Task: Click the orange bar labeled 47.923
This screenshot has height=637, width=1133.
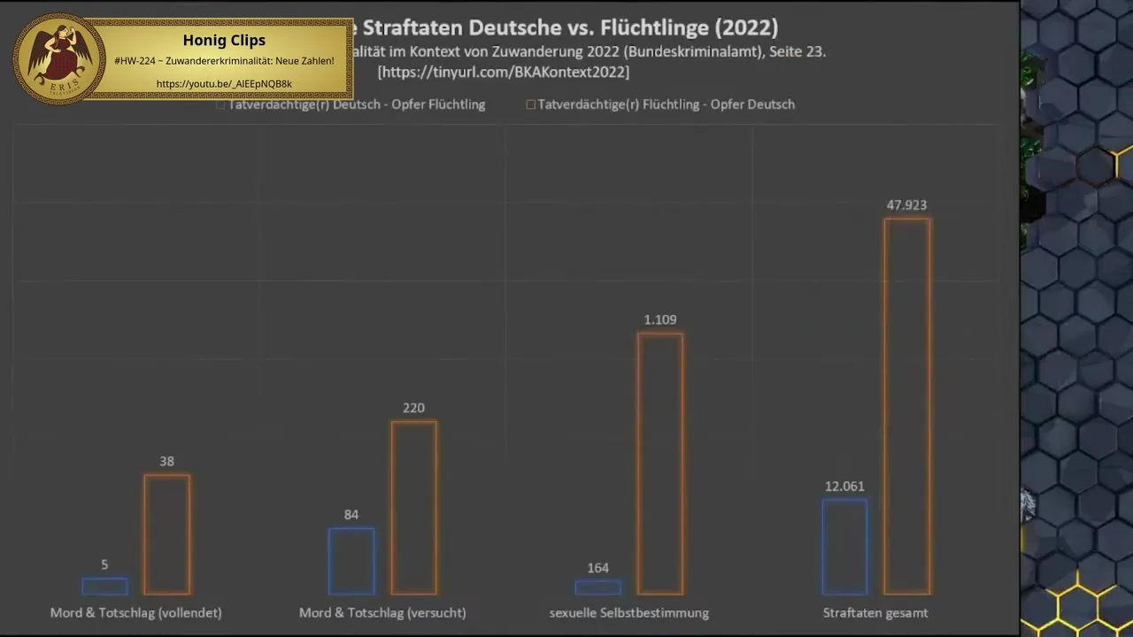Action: (x=906, y=406)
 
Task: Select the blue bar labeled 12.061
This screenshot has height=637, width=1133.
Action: (x=844, y=547)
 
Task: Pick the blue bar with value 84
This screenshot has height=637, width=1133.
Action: (x=351, y=561)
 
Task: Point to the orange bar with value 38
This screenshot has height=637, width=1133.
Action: (x=166, y=534)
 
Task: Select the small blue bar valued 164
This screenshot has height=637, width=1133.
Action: (x=597, y=587)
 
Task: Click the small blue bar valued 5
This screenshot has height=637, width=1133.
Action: (x=104, y=586)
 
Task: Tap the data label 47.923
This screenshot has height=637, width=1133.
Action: (x=906, y=205)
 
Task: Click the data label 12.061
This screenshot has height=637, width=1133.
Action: (x=844, y=487)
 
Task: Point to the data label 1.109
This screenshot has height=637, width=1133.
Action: (x=660, y=320)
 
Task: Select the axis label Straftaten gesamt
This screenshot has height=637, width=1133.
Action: (x=875, y=612)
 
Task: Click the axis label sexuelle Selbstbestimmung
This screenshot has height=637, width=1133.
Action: (x=628, y=612)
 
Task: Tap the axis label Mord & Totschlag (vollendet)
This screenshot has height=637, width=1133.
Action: (x=135, y=612)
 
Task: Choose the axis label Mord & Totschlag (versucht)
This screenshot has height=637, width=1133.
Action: (x=382, y=612)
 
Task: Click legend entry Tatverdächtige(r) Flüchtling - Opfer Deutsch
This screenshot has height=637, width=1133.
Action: (x=666, y=104)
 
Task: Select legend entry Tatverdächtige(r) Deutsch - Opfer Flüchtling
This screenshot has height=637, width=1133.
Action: (x=356, y=104)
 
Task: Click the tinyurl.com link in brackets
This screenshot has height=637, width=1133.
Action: (x=504, y=73)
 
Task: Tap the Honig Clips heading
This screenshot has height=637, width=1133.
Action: (x=224, y=40)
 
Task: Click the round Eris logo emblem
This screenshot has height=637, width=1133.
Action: (x=59, y=58)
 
